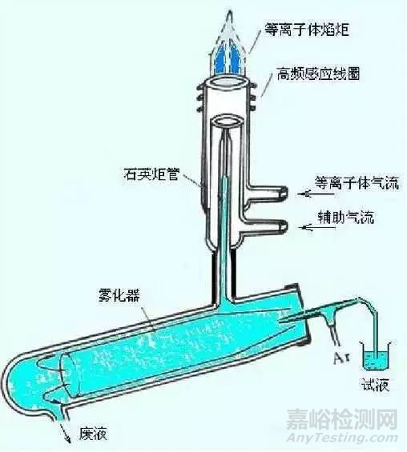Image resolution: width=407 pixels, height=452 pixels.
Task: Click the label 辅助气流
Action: (x=345, y=218)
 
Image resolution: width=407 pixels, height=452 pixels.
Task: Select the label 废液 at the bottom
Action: (x=94, y=434)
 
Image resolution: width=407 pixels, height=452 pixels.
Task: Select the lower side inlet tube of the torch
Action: (x=268, y=226)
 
